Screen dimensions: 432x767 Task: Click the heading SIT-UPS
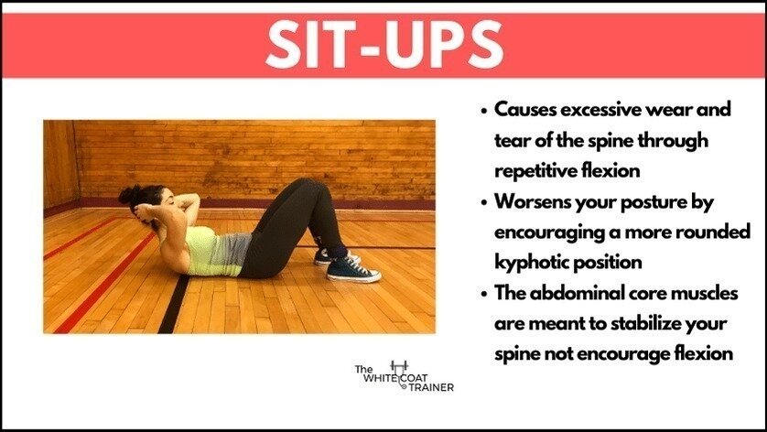pos(383,41)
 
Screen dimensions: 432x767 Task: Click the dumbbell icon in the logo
pos(398,366)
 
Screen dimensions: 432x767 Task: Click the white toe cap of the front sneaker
pos(372,275)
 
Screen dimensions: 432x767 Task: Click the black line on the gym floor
pos(174,302)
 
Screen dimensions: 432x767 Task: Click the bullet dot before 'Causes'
pos(482,110)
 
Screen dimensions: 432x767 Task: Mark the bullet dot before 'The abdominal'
pos(482,292)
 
